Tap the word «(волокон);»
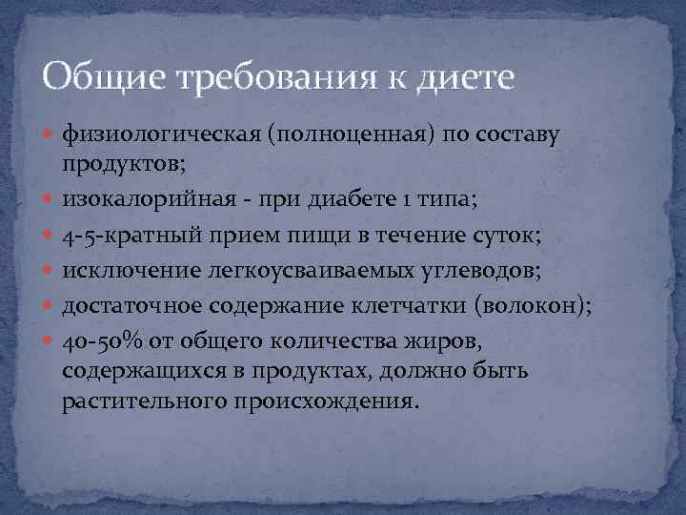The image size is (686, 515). [535, 306]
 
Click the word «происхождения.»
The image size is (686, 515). [324, 401]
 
